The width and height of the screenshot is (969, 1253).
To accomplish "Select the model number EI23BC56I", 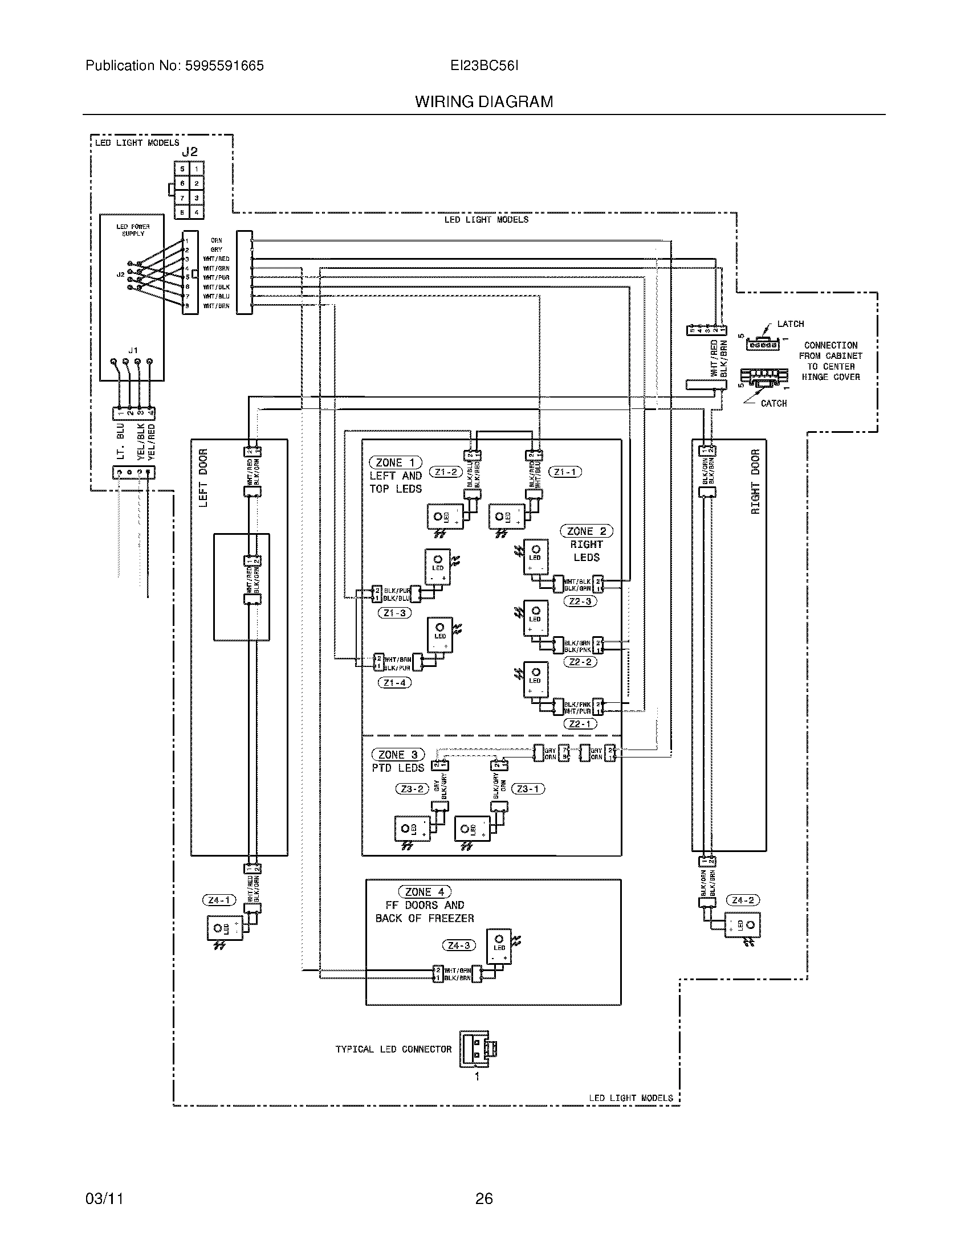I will pos(484,66).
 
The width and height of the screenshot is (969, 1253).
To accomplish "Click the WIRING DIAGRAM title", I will pos(484,102).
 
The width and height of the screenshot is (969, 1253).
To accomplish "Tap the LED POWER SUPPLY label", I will pos(133,230).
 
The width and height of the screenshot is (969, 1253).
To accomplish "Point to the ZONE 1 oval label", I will pos(396,462).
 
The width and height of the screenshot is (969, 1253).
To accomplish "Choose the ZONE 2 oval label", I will pos(586,531).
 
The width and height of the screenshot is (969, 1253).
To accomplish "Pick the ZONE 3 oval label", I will pos(398,755).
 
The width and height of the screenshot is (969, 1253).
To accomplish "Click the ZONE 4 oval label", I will pos(425,891).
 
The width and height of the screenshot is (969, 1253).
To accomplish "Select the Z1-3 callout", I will pos(394,613).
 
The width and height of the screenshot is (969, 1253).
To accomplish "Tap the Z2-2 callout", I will pos(580,661).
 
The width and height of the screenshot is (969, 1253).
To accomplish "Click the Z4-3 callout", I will pos(459,945).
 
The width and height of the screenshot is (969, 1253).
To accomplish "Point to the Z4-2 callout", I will pos(743,900).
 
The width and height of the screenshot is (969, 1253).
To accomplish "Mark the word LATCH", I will pos(790,324).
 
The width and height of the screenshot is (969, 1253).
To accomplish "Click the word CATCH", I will pos(773,403).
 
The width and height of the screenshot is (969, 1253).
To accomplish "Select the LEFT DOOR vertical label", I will pos(203,477).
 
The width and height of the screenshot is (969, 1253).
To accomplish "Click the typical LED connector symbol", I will pos(477,1049).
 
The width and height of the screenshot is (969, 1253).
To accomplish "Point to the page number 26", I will pos(484,1198).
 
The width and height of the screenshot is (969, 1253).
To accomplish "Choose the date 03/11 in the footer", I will pos(104,1198).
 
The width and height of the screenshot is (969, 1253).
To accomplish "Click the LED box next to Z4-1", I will pos(225,928).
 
